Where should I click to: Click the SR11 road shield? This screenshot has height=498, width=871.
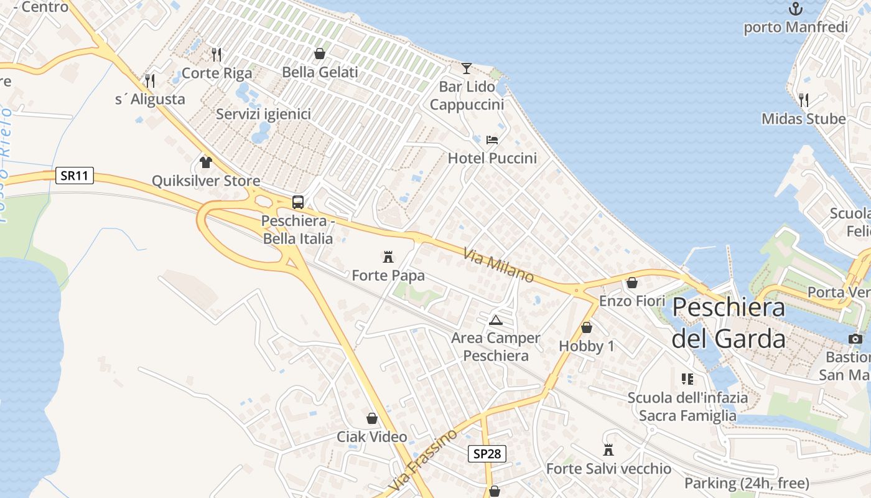tap(75, 176)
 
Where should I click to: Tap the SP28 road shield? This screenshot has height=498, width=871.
tap(487, 454)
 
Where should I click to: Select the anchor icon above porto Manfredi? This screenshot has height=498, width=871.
tap(795, 9)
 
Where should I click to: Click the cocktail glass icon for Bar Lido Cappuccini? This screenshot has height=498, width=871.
tap(467, 68)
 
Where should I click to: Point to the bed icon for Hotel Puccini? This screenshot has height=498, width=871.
tap(492, 139)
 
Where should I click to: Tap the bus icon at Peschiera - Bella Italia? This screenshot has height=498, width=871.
tap(298, 202)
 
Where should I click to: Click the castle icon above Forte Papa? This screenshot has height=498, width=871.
tap(389, 256)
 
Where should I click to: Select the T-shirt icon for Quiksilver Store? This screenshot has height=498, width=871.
tap(206, 162)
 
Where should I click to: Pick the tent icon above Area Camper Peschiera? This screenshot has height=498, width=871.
tap(496, 320)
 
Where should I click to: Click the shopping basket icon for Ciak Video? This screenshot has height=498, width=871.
tap(372, 418)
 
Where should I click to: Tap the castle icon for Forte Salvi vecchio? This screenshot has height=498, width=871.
tap(608, 449)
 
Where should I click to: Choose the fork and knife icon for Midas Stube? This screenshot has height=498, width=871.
tap(803, 100)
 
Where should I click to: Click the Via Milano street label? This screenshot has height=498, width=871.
tap(498, 265)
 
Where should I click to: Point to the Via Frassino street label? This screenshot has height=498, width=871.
tap(423, 459)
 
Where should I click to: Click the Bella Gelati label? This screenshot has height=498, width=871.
tap(320, 72)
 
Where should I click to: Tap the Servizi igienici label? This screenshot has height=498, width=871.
tap(263, 114)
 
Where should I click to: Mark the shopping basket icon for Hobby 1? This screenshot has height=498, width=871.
tap(586, 327)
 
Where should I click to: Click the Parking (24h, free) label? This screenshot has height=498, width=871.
tap(747, 483)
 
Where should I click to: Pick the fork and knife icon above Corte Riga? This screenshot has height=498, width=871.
tap(216, 54)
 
